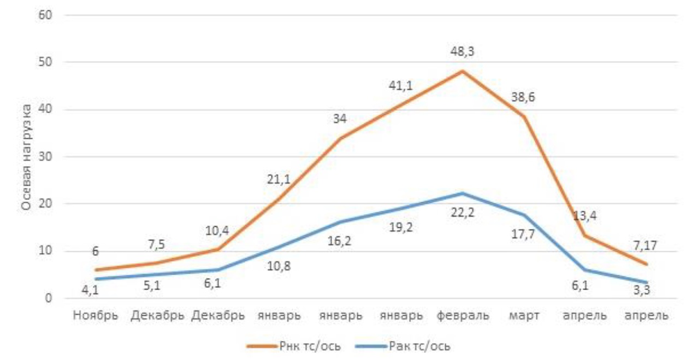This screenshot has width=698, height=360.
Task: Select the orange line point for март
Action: [524, 116]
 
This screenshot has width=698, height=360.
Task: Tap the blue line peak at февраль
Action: [462, 193]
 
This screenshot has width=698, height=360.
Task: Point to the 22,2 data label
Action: [462, 213]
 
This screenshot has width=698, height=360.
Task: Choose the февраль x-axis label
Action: [462, 316]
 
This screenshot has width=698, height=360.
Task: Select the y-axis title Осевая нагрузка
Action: [27, 157]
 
